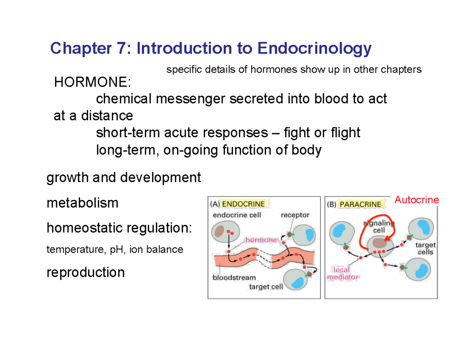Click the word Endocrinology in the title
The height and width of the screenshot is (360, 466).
coord(313,49)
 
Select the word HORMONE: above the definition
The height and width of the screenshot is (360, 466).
coord(92,82)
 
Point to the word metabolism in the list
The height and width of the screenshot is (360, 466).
coord(82,203)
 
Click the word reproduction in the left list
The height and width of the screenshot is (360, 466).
coord(86,272)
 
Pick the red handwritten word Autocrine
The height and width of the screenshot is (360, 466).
coord(417,200)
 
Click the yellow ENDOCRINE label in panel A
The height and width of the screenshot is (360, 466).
coord(243,204)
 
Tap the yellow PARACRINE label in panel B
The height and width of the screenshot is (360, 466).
coord(360,204)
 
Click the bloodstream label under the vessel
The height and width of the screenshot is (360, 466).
coord(234,278)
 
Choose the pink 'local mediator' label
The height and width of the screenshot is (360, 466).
coord(343,273)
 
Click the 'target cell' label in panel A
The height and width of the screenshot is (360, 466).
coord(266,287)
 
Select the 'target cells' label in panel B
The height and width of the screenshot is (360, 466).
coord(426,249)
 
